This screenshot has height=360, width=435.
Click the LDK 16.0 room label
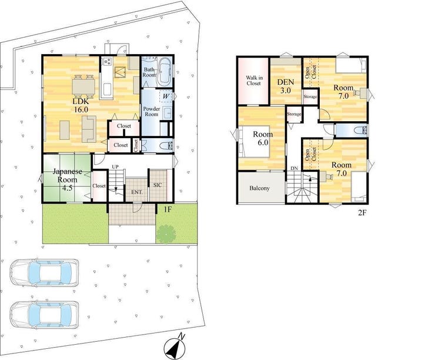pos(81,105)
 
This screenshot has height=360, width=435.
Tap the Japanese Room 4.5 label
pos(67,179)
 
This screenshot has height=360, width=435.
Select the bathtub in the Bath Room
pos(165,72)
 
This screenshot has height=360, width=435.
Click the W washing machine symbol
pos(166,96)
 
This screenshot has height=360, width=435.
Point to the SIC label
pos(158,185)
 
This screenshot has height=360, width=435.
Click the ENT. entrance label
pos(138,192)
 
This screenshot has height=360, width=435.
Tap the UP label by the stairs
pos(115,167)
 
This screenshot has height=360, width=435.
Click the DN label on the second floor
pos(294,168)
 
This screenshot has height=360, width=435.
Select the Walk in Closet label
pos(253,81)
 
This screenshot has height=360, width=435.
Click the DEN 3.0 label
pos(286,86)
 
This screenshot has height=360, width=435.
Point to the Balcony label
pos(259,188)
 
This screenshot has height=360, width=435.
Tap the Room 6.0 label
pos(263,138)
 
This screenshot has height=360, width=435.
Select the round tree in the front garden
pos(166,234)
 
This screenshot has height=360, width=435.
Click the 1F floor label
pos(168,209)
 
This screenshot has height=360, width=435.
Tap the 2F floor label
pos(362,212)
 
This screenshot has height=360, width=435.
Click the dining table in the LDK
pos(83,86)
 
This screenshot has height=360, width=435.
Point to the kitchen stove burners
pos(107,62)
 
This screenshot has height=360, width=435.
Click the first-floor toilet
pos(167,146)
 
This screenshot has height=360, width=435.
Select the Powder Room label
pos(152,111)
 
